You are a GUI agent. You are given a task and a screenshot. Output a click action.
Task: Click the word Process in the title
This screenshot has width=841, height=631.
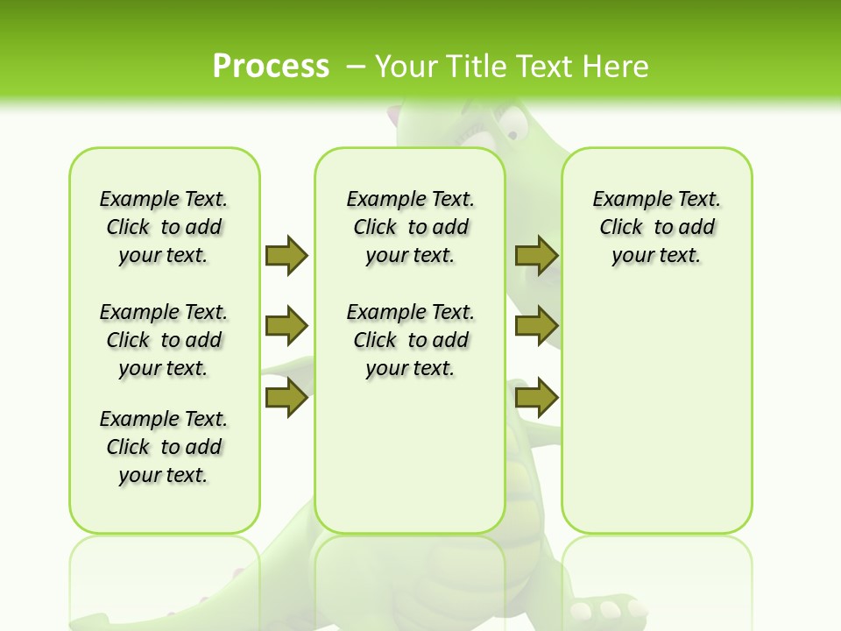tap(271, 66)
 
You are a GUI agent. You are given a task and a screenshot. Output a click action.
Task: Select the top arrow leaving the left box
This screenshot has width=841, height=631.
tap(286, 255)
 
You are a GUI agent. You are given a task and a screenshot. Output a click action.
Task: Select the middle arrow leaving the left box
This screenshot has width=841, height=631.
tap(286, 327)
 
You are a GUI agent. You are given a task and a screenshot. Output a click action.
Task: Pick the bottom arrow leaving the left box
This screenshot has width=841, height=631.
tap(286, 399)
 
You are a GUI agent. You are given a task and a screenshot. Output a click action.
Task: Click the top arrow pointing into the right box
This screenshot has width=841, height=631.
tap(536, 255)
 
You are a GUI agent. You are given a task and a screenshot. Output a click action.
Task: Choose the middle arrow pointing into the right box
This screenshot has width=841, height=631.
tap(536, 327)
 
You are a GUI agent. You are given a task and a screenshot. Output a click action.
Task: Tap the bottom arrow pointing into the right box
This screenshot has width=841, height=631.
tap(536, 399)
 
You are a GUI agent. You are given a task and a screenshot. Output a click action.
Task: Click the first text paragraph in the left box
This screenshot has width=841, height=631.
tap(164, 227)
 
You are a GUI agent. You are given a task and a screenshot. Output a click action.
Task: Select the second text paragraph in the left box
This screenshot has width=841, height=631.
tap(164, 340)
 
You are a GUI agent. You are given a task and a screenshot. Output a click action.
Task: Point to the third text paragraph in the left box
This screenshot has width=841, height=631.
tap(164, 447)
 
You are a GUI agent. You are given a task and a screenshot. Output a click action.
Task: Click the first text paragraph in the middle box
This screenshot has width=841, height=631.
tap(410, 227)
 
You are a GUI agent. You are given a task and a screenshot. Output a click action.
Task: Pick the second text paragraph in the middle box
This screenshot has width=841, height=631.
tap(410, 340)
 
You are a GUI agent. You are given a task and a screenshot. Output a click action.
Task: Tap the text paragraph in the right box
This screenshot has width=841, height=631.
tap(656, 227)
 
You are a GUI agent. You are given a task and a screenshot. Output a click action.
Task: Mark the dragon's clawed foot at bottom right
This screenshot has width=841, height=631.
tap(604, 610)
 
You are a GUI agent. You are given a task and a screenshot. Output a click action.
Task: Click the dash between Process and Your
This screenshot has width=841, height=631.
tap(356, 66)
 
